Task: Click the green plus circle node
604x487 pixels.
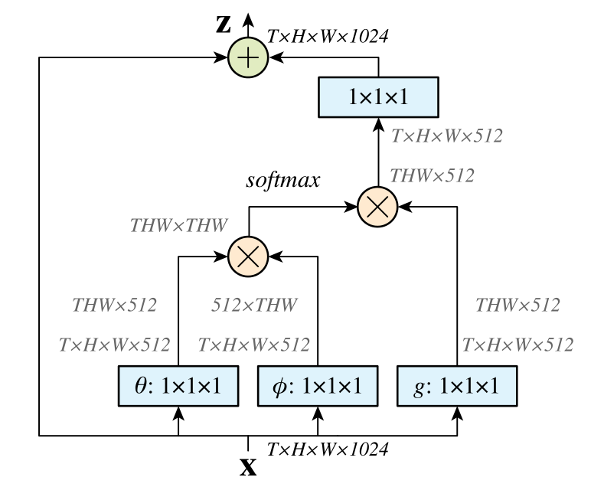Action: pos(248,57)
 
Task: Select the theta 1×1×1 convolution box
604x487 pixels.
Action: pos(178,386)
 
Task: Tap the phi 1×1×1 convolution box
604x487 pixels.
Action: pos(318,386)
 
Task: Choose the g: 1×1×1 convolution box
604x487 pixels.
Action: pos(457,386)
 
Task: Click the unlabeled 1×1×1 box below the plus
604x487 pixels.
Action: pos(378,97)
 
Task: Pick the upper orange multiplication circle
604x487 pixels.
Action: pos(377,207)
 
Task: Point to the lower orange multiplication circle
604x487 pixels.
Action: pos(248,257)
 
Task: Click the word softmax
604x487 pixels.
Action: pos(283,180)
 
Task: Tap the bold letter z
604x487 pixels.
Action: pos(224,25)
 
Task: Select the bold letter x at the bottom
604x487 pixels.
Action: pos(248,467)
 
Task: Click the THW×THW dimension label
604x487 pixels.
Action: pos(178,225)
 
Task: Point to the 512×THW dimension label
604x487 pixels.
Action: pos(254,305)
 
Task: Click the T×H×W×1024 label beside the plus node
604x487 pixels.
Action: pos(328,37)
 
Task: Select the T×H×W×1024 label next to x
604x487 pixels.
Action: pos(328,449)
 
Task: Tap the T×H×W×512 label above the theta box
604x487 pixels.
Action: pos(114,345)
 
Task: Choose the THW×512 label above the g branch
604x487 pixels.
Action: pos(517,305)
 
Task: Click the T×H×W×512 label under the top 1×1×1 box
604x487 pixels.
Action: pos(447,136)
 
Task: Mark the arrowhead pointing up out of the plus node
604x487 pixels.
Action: pos(248,20)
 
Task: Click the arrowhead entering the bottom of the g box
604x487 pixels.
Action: pos(457,413)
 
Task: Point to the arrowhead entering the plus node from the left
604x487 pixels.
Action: pos(220,57)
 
